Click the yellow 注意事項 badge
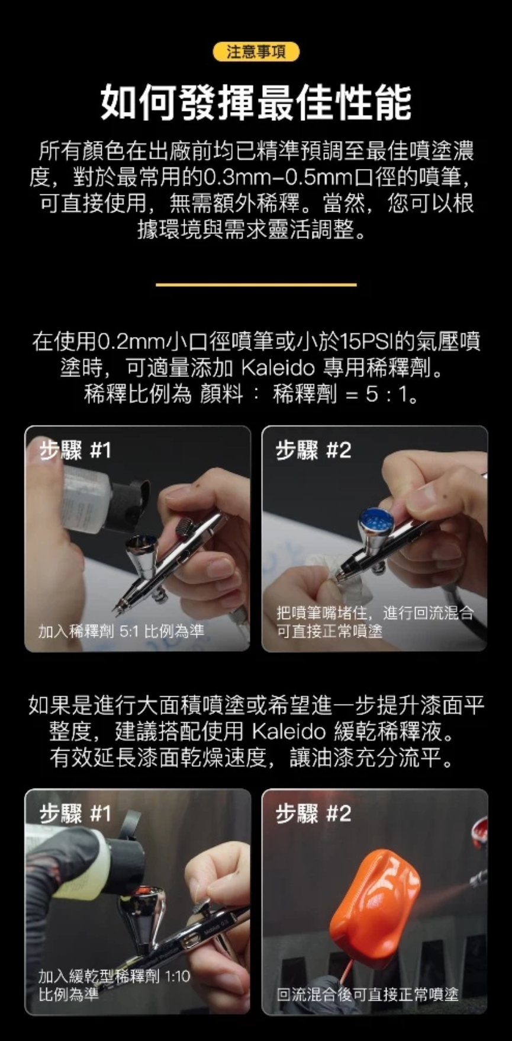tap(256, 52)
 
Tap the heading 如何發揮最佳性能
tap(256, 102)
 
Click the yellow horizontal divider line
tap(256, 284)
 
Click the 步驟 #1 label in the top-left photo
tap(75, 450)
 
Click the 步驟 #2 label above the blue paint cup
tap(313, 450)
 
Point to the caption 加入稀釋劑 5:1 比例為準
tap(121, 630)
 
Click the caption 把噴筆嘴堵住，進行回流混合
tap(375, 612)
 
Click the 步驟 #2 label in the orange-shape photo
tap(313, 813)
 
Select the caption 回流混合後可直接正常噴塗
tap(368, 994)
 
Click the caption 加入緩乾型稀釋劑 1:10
tap(114, 976)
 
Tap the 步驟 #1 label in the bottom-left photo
tap(75, 813)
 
